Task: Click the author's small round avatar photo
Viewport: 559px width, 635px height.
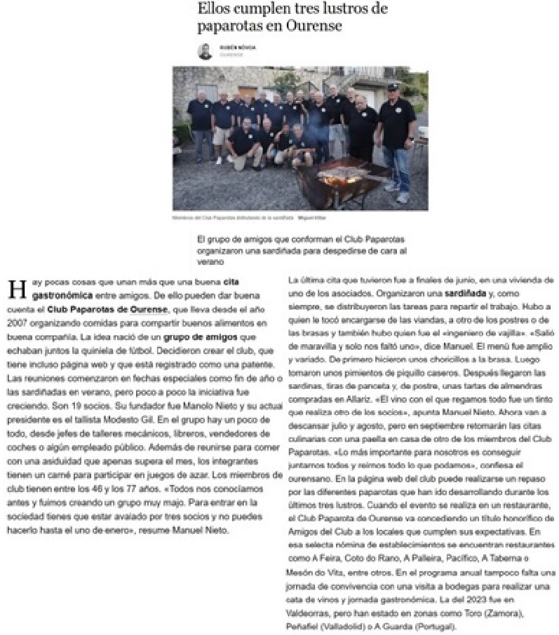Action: tap(205, 51)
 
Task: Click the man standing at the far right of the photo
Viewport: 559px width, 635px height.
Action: tap(398, 140)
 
